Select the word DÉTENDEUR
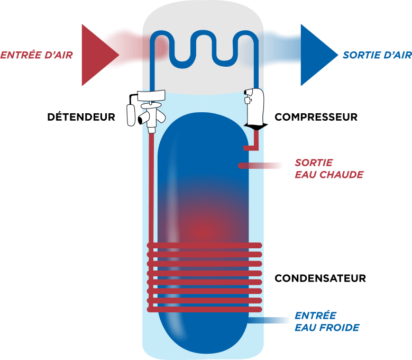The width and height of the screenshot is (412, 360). click(81, 117)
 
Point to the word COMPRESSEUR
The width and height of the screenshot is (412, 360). click(316, 117)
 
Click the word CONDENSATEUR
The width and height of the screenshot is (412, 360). click(321, 278)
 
